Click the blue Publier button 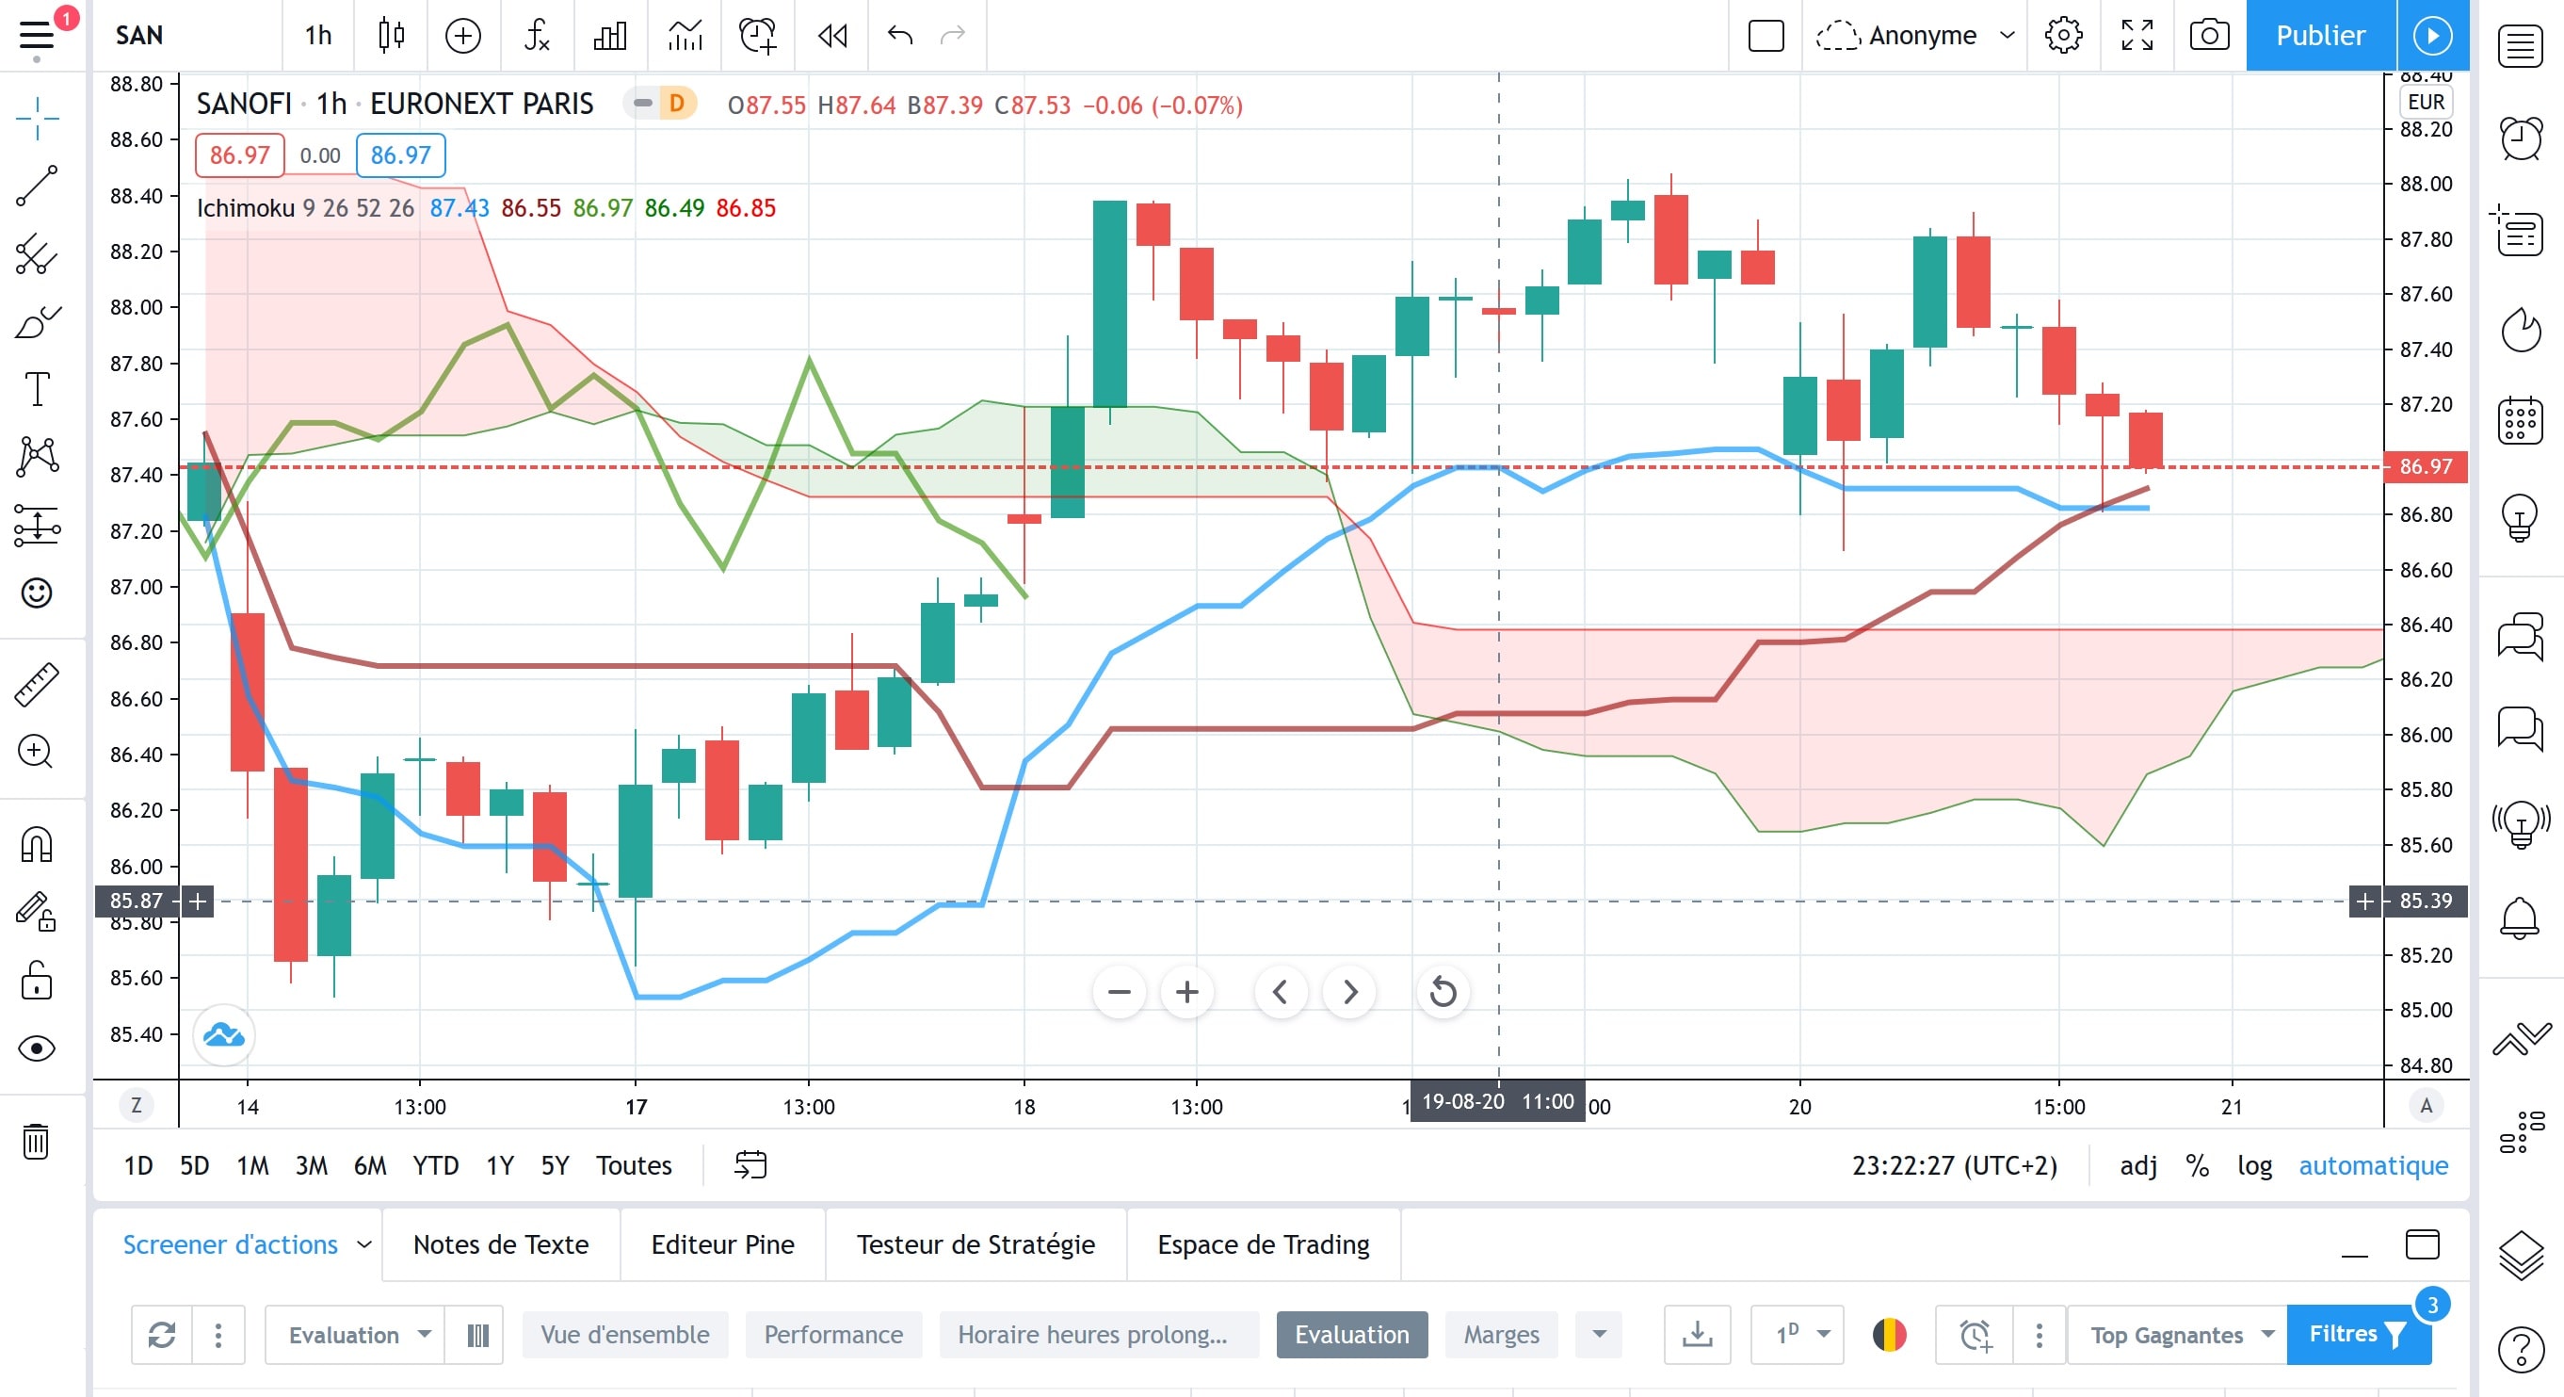[x=2320, y=36]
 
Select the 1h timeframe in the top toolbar [x=318, y=36]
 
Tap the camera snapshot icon [x=2209, y=36]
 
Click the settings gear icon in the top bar [x=2063, y=36]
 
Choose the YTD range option [x=436, y=1165]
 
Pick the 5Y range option [x=555, y=1165]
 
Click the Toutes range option [x=634, y=1165]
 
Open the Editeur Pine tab [x=722, y=1244]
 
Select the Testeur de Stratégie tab [x=976, y=1244]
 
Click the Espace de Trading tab [x=1263, y=1244]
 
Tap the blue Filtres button [x=2358, y=1334]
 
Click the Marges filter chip [x=1501, y=1334]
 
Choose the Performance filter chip [x=833, y=1334]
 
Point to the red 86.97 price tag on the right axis [x=2425, y=466]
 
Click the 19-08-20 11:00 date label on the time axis [x=1498, y=1101]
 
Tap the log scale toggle [x=2254, y=1165]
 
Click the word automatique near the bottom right [x=2373, y=1165]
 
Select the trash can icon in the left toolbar [x=36, y=1141]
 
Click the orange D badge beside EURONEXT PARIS [x=677, y=104]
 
